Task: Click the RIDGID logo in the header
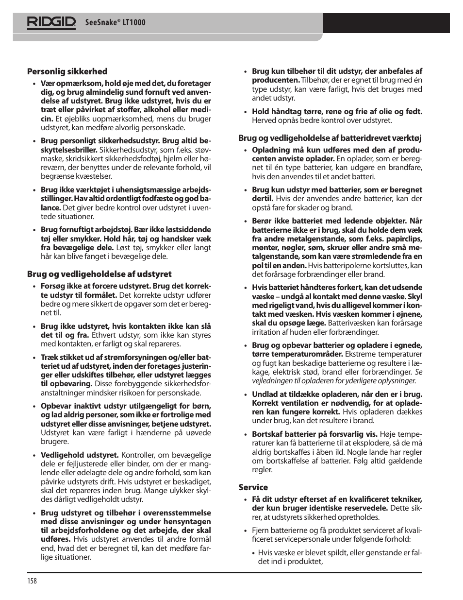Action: [x=51, y=23]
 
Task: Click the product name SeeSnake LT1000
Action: [x=116, y=23]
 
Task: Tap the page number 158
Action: [x=32, y=581]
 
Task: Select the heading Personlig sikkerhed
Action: [x=67, y=71]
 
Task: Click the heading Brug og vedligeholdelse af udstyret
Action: [x=99, y=274]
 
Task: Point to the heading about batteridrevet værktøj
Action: [x=330, y=138]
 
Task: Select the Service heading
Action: [x=253, y=487]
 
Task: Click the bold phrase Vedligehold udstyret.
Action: [x=80, y=455]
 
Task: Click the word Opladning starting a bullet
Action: [x=269, y=150]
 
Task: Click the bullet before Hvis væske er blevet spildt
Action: [x=254, y=553]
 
